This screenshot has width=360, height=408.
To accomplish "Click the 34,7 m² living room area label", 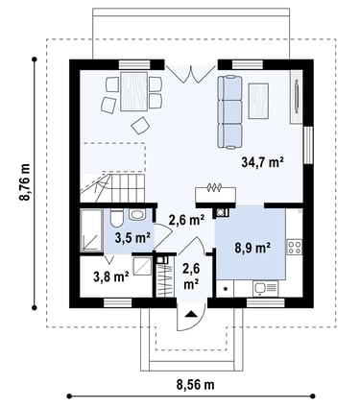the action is (x=263, y=162).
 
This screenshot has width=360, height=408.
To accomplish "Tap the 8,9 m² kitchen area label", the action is (x=252, y=248).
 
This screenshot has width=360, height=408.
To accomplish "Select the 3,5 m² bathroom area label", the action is (x=132, y=238).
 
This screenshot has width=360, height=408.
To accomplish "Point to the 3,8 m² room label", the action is (x=111, y=276).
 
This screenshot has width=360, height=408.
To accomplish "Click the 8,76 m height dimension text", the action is (x=25, y=182).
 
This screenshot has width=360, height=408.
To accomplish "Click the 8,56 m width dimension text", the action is (x=195, y=384).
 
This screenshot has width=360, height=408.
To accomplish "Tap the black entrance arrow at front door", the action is (x=191, y=314).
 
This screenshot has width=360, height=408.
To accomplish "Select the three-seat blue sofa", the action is (x=229, y=112).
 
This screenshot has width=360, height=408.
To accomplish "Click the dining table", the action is (x=134, y=91).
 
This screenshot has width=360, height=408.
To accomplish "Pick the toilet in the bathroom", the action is (x=116, y=219).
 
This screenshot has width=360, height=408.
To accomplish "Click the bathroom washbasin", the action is (x=137, y=214).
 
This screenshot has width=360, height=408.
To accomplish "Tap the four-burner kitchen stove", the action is (x=295, y=247).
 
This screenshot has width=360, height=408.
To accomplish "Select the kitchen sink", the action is (x=265, y=289).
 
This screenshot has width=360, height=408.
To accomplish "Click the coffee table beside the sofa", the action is (x=258, y=101).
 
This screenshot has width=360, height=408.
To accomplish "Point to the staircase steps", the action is (x=124, y=188).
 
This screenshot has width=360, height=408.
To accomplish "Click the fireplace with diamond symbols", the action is (x=215, y=194).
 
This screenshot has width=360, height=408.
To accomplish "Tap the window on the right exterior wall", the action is (x=308, y=145).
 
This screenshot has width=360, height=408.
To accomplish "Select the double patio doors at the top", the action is (x=191, y=74).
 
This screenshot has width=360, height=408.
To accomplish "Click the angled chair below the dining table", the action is (x=140, y=126).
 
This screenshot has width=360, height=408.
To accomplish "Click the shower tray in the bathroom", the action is (x=91, y=229).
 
